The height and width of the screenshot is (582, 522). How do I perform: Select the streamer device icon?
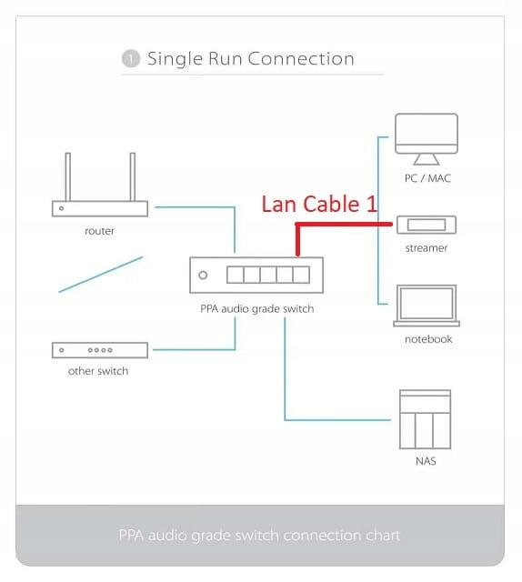427,225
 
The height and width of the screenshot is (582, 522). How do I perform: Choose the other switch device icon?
99,349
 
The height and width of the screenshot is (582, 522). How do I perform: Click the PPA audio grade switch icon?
256,275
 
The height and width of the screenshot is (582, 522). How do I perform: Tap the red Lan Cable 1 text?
318,204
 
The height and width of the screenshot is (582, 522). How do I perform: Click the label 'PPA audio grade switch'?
256,308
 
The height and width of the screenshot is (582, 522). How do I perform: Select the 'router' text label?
99,231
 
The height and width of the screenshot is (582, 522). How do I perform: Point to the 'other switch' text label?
98,371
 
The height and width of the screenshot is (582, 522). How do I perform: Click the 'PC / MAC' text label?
427,178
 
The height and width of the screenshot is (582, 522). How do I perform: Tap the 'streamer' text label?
427,246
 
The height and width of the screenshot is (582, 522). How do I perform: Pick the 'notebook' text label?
427,339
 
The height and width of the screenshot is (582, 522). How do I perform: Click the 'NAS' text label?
425,461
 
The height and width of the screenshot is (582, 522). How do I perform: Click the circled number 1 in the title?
130,59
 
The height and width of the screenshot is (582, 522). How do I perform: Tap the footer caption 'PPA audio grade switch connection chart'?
260,535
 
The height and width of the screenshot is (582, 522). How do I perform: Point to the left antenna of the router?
65,178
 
